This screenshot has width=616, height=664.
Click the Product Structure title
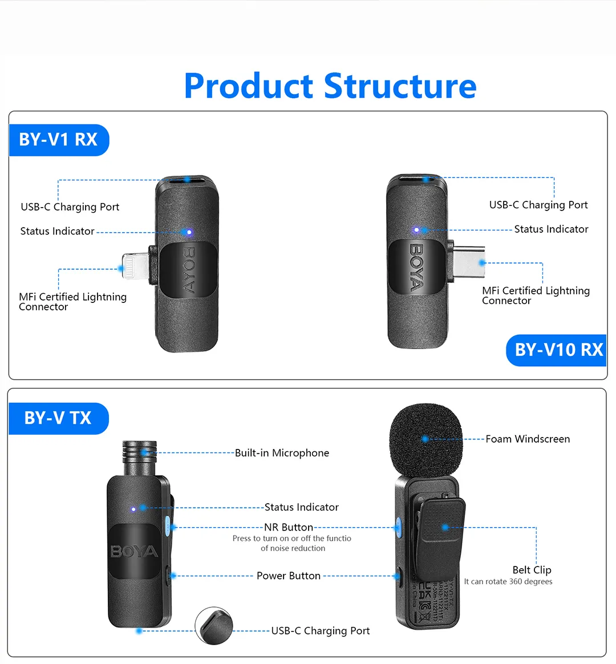pos(330,86)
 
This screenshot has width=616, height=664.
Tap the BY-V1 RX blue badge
pos(58,140)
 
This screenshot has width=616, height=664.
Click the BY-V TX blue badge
pos(58,418)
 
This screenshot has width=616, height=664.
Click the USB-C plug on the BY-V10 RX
pos(468,262)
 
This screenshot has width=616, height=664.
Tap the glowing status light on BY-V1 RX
pos(188,232)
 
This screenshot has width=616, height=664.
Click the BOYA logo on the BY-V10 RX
pos(416,266)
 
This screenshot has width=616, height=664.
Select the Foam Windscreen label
pos(527,439)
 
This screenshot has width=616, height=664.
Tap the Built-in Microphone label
pos(282,453)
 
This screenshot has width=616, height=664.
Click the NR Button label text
pos(289,527)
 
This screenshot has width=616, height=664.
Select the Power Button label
pos(288,576)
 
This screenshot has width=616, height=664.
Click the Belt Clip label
pos(532,570)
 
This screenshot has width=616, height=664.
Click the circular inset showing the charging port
pos(214,626)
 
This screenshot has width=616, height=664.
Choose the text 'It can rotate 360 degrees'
pos(508,582)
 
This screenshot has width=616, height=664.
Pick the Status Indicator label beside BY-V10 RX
pos(551,229)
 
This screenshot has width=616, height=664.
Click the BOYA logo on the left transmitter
pos(134,552)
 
